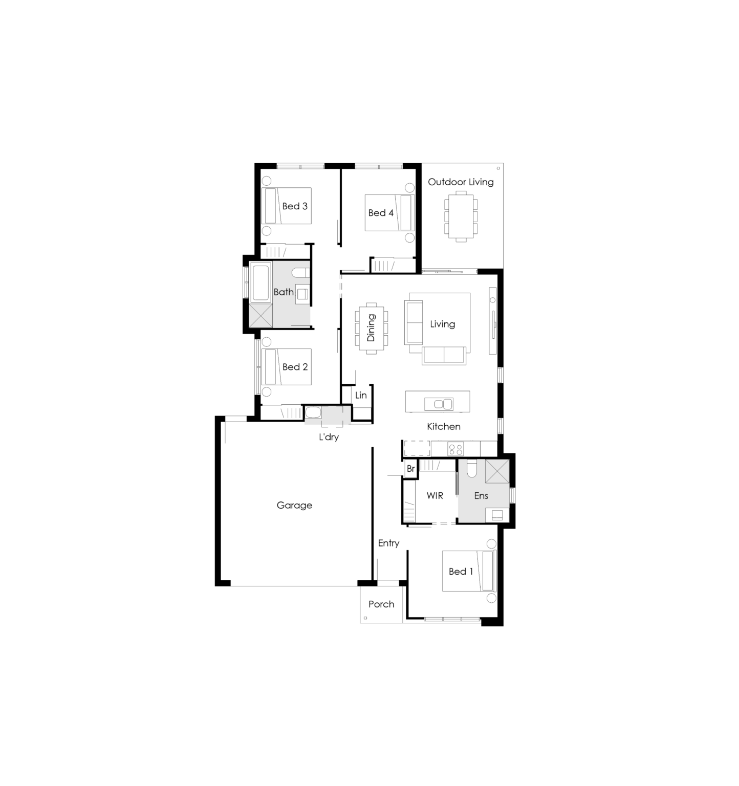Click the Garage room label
point(294,506)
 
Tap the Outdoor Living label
point(461,182)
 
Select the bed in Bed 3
point(286,206)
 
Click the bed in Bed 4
point(389,212)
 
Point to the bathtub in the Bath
point(261,282)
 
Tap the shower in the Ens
point(497,471)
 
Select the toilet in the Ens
point(472,468)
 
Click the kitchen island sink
point(439,404)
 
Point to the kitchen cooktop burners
point(455,449)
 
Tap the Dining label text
point(371,327)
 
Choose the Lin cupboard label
point(361,395)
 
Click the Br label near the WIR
point(410,469)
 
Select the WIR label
point(435,495)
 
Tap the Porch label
point(381,604)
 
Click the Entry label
point(388,543)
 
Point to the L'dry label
point(329,437)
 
